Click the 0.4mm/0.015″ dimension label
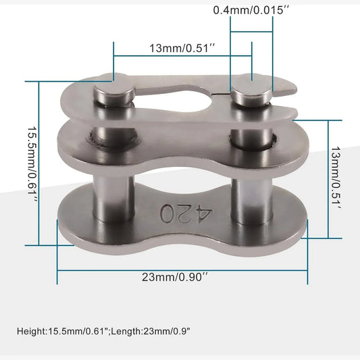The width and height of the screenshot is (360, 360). (251, 10)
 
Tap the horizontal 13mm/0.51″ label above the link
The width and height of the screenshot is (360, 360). (183, 48)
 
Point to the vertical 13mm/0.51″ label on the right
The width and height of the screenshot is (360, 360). (336, 178)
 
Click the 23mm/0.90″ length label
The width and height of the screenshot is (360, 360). (175, 277)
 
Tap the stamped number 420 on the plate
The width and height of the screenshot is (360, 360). (186, 213)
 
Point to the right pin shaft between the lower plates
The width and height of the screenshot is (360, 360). (252, 201)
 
